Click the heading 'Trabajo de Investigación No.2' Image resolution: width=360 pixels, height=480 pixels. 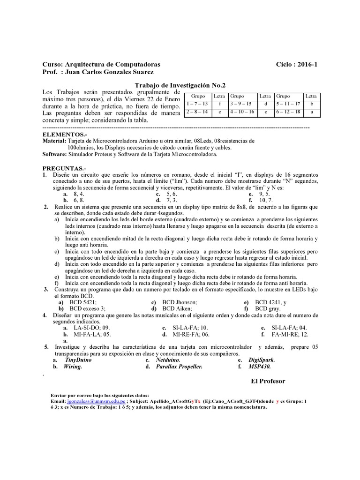180,85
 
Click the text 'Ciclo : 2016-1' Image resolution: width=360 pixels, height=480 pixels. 297,64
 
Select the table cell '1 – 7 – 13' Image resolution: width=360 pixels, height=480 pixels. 198,104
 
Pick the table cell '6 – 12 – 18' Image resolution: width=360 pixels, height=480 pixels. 289,112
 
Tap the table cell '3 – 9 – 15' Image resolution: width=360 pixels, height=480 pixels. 241,104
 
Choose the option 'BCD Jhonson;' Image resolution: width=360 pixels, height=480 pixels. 180,302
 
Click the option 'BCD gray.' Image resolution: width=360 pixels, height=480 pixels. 268,309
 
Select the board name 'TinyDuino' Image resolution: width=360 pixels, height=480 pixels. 78,360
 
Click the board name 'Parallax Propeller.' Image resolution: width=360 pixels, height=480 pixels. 179,367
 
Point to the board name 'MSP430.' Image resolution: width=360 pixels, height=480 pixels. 261,367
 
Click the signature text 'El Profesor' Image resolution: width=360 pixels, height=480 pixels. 268,381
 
